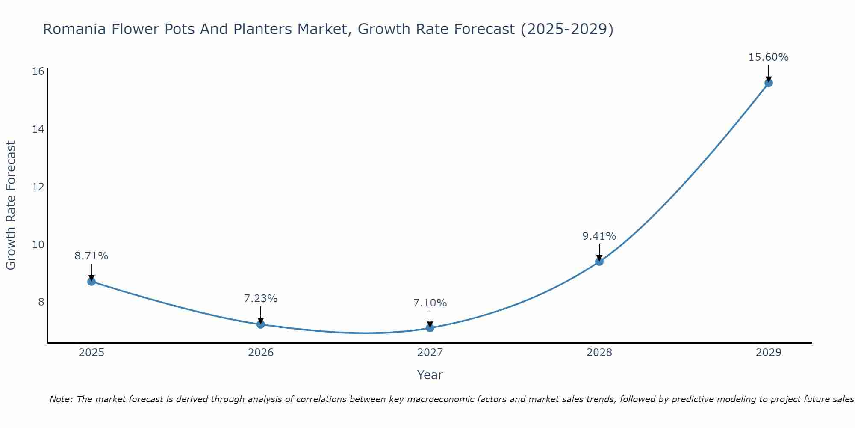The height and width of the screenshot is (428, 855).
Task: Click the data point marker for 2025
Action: coord(91,281)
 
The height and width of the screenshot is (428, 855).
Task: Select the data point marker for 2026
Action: coord(261,324)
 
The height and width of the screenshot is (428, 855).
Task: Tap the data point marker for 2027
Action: coord(430,328)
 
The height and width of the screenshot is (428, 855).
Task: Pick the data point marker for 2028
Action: coord(599,261)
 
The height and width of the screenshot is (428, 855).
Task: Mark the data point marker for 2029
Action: coord(769,83)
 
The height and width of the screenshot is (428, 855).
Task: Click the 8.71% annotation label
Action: coord(91,256)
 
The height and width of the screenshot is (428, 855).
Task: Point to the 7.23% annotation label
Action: coord(261,299)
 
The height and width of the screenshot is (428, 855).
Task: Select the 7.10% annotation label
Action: coord(430,303)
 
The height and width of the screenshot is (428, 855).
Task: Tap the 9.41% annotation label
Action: coord(599,236)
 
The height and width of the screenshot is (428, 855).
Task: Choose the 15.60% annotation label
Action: coord(768,57)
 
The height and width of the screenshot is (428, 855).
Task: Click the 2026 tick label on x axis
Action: coord(261,353)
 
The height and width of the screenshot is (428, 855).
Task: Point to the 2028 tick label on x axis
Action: coord(599,353)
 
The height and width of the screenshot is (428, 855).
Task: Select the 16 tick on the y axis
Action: coord(38,71)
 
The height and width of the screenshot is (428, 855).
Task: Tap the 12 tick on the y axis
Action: coord(38,187)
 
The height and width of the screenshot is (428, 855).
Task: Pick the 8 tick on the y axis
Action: coord(41,302)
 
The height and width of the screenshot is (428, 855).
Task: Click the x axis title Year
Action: coord(430,375)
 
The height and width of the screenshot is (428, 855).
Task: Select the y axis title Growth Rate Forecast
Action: coord(11,205)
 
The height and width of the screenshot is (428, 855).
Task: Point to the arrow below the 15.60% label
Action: coord(769,73)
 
